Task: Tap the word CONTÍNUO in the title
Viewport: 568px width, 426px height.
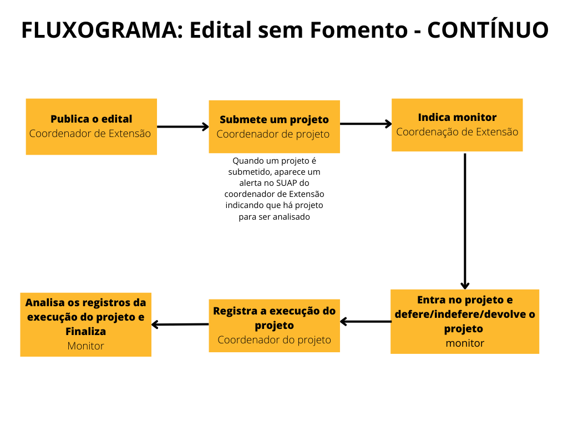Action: point(488,31)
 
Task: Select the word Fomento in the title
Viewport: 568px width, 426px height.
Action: point(358,31)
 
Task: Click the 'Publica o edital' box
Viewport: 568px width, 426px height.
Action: point(92,126)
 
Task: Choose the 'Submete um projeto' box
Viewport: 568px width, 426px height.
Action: point(274,126)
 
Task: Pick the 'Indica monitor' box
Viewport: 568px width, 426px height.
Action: point(457,125)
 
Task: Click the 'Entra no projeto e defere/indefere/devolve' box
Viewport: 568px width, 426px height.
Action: point(465,321)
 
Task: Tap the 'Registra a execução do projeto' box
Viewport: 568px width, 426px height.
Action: point(274,326)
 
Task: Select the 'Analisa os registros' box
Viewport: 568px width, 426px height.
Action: point(86,324)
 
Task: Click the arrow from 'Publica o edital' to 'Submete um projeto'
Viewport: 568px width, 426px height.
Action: point(182,126)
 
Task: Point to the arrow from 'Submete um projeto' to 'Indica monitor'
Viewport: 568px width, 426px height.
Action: point(366,124)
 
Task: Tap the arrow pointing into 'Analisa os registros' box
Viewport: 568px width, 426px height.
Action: point(180,324)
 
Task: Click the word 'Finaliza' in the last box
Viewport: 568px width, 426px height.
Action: point(85,331)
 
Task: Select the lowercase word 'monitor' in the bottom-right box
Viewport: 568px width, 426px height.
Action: point(465,343)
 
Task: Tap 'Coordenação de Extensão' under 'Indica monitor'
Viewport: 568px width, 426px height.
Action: point(457,132)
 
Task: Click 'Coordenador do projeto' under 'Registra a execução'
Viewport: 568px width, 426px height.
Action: point(274,340)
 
